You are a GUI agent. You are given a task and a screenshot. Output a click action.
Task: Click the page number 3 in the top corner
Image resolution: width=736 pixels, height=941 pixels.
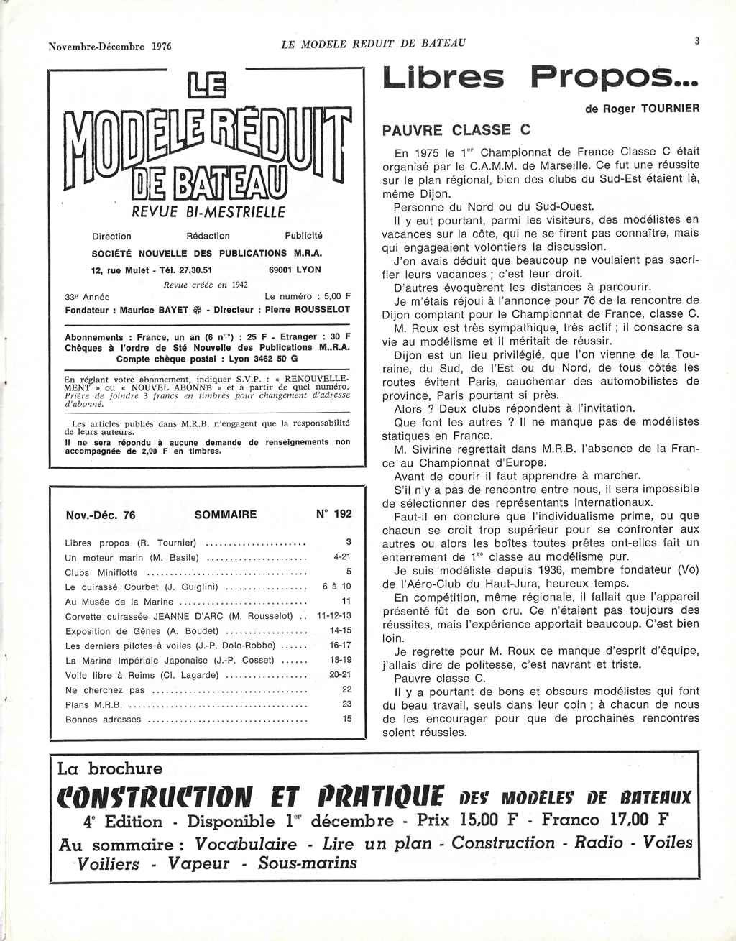[696, 42]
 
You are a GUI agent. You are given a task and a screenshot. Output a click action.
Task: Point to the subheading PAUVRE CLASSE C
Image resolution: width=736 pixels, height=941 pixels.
[456, 130]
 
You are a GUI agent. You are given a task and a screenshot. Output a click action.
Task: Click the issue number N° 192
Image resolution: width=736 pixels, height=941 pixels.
[333, 514]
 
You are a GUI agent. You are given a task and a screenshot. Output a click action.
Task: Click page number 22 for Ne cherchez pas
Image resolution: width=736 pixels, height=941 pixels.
[346, 689]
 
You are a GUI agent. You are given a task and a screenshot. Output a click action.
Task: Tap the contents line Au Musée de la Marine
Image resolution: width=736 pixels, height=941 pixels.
[119, 602]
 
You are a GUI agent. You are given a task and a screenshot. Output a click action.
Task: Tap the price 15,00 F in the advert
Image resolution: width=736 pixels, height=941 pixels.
[507, 821]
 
